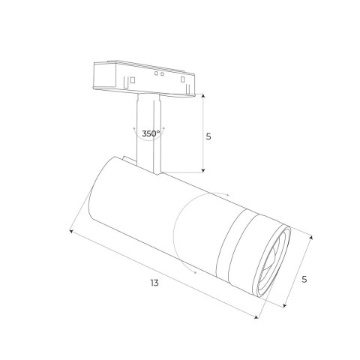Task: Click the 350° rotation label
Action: click(150, 133)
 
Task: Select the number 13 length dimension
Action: click(154, 283)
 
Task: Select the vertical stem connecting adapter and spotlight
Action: click(148, 135)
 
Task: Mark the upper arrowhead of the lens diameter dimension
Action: click(311, 234)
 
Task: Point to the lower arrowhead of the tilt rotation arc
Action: click(196, 274)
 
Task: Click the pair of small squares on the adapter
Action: click(158, 74)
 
